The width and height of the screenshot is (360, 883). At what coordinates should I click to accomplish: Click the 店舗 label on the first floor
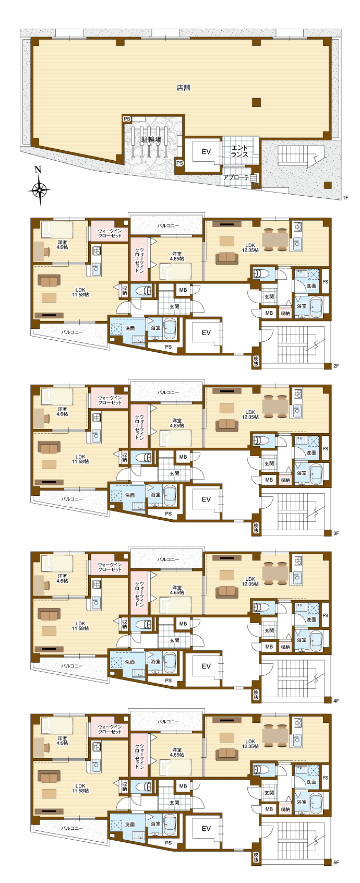pos(183,88)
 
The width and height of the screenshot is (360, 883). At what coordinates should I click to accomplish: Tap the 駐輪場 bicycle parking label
pos(151,139)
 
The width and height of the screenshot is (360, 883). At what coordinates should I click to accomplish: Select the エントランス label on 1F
pos(239,151)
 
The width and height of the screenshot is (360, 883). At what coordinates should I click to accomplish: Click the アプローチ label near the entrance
pos(236,177)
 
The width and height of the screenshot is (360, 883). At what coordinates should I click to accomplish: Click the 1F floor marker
pos(345,197)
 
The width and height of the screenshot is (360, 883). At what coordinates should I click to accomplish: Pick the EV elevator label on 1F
pos(206,151)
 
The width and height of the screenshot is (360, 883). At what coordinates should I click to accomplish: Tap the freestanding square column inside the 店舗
pos(256,102)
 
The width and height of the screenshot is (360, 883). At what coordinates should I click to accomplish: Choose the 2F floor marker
pos(336,366)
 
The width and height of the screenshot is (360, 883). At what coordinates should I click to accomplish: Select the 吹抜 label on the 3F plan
pos(256,528)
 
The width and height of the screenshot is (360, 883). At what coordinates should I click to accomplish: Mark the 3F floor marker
pos(336,533)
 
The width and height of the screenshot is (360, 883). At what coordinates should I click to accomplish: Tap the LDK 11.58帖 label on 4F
pos(80,626)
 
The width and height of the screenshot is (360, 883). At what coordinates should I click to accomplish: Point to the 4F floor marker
pos(336,700)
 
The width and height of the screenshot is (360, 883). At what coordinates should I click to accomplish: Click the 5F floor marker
pos(336,862)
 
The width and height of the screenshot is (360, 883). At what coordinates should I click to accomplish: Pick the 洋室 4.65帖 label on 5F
pos(177,752)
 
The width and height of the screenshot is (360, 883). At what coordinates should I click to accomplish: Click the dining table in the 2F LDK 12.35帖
pos(275,239)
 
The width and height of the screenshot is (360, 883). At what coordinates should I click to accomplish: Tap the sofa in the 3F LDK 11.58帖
pos(49,447)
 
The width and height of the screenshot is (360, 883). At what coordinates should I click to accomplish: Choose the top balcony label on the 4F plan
pos(168,559)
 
